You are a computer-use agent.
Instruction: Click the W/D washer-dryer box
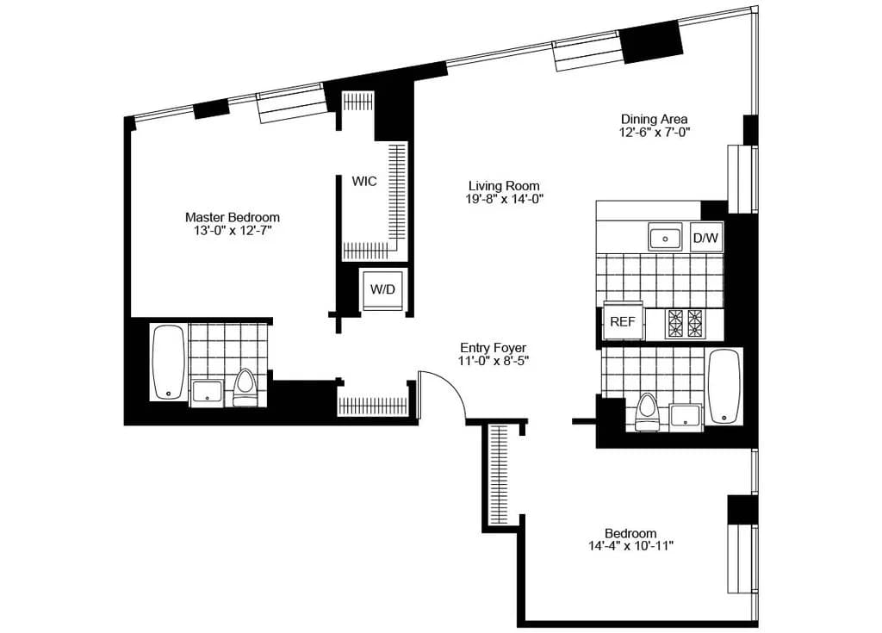382,289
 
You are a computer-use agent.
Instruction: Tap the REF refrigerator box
622,322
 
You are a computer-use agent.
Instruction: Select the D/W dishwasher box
705,238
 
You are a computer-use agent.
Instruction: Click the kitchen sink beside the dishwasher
665,238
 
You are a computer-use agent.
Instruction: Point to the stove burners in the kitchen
686,322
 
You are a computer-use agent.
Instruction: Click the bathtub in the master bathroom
168,363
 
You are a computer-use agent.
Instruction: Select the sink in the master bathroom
207,393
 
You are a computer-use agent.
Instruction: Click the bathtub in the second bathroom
724,387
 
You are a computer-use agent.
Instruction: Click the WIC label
363,182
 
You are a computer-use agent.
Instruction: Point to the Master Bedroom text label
233,218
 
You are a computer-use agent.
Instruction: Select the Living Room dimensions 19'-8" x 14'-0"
506,199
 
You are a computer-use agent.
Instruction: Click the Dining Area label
655,119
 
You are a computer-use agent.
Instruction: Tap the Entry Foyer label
493,347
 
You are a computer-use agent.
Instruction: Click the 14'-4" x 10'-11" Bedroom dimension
630,546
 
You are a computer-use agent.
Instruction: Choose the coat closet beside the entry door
372,405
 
